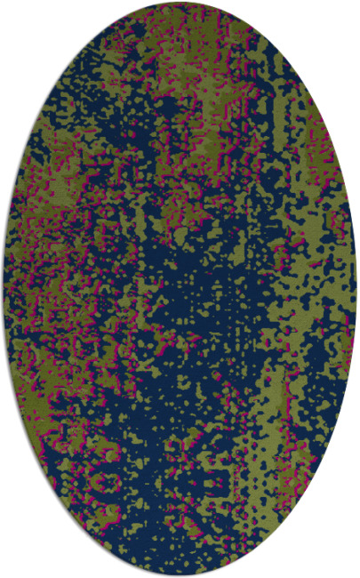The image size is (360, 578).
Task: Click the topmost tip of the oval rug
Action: pyautogui.click(x=180, y=3)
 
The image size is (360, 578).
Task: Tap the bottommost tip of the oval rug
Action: pyautogui.click(x=180, y=574)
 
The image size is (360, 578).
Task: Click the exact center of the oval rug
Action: pyautogui.click(x=180, y=289)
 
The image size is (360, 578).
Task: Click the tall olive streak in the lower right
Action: pyautogui.click(x=271, y=418)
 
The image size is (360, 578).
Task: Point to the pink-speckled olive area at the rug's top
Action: pyautogui.click(x=178, y=27)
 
